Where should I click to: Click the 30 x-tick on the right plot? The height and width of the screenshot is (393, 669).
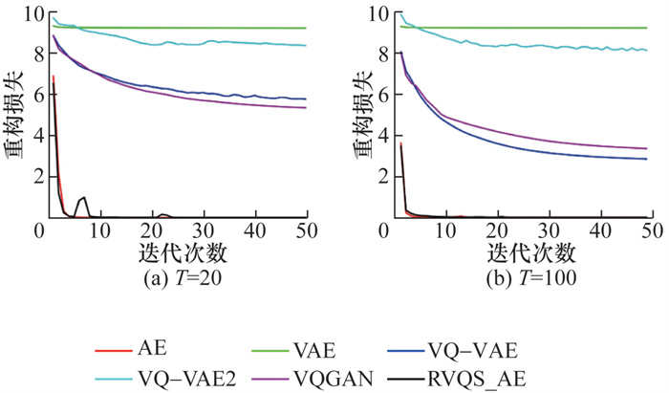[x=548, y=230]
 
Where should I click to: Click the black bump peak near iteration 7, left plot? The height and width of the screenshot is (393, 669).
[x=85, y=197]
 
